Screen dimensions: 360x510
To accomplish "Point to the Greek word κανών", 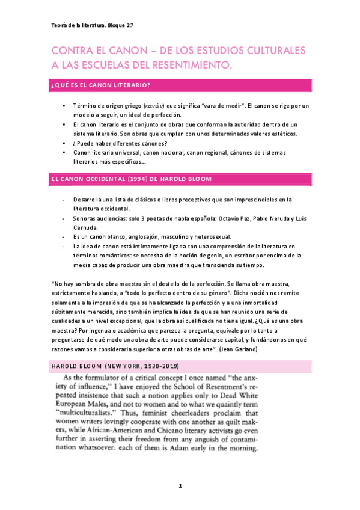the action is [x=153, y=106].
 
